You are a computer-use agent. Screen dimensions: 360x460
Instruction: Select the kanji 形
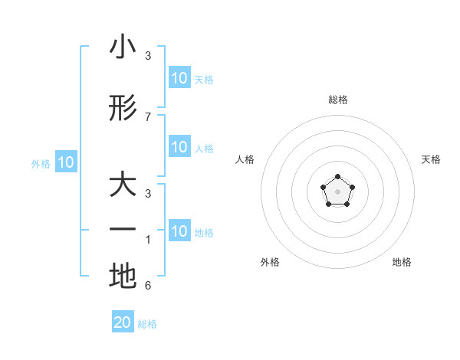tap(123, 109)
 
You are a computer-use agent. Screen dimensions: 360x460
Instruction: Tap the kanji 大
tap(123, 186)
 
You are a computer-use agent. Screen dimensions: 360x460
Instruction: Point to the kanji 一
tap(123, 230)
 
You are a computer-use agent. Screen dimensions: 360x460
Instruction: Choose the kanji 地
tap(123, 277)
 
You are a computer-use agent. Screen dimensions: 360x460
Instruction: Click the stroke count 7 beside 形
tap(148, 116)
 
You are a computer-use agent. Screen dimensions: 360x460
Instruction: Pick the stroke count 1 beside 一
tap(148, 240)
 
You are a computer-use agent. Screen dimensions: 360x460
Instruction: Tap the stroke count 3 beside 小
tap(148, 56)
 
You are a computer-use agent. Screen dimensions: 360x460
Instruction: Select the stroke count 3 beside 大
tap(148, 194)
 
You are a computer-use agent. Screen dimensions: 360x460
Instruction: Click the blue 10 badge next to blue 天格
tap(179, 78)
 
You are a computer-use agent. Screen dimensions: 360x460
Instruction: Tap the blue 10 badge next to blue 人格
tap(179, 147)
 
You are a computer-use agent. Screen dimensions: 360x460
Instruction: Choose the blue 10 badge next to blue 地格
tap(179, 231)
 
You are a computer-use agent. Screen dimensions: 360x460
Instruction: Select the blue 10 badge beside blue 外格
tap(66, 162)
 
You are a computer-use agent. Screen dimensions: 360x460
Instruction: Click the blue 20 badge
tap(123, 322)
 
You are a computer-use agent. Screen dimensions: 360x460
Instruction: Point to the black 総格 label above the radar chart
tap(338, 100)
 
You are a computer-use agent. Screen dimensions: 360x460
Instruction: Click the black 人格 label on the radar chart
tap(245, 159)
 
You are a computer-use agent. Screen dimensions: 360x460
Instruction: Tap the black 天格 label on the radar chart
tap(431, 159)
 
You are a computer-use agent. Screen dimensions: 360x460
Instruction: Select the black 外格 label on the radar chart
tap(270, 262)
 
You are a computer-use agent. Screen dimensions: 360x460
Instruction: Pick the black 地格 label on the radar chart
tap(402, 262)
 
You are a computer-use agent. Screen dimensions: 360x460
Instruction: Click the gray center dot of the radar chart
tap(337, 190)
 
